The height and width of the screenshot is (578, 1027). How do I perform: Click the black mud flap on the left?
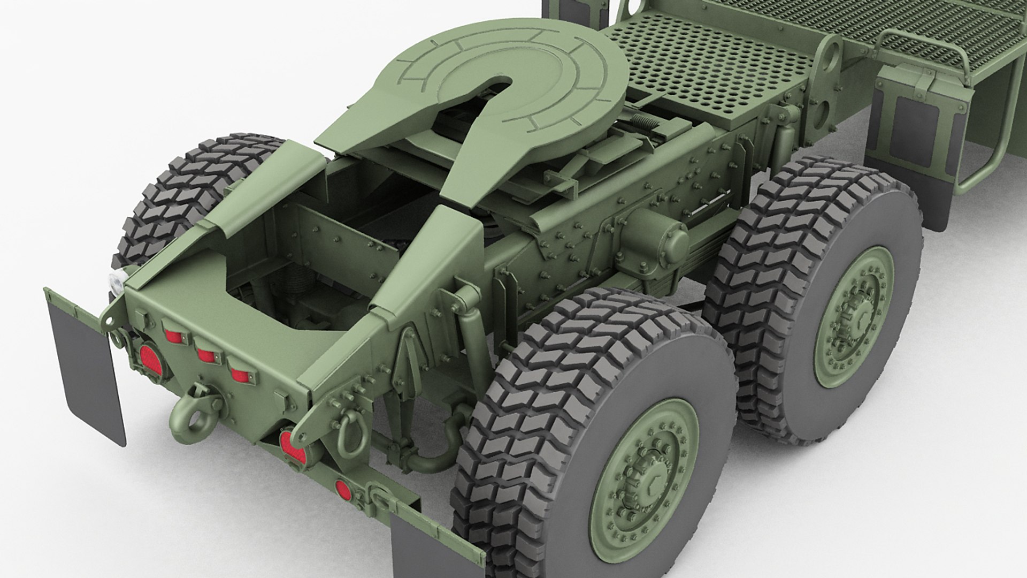[x=86, y=369]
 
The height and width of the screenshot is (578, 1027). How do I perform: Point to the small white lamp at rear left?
[x=115, y=281]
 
